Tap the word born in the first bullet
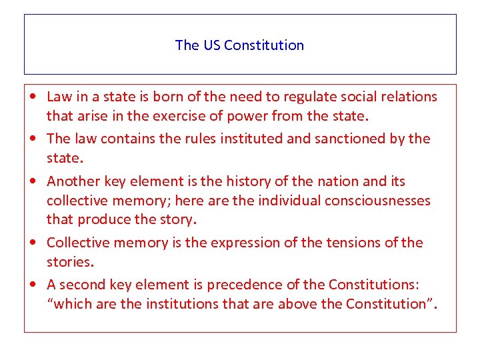(x=169, y=97)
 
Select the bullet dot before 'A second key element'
(x=34, y=285)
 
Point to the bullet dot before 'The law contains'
(x=34, y=139)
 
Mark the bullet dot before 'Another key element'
(x=34, y=181)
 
